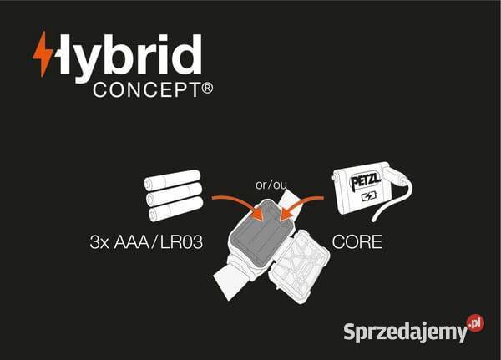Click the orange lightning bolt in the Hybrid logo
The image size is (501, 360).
click(43, 54)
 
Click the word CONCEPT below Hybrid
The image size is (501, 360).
click(147, 90)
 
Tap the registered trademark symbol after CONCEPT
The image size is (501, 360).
click(207, 88)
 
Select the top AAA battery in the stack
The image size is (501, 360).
click(173, 180)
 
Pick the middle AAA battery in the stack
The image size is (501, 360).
click(175, 194)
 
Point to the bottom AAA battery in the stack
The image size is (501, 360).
click(176, 209)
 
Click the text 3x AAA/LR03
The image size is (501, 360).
click(146, 241)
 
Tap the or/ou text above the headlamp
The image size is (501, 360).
click(271, 185)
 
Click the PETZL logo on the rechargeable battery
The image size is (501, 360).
click(366, 181)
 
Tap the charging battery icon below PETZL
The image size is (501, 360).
click(369, 196)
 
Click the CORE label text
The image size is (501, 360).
click(357, 241)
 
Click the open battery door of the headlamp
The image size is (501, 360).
click(301, 266)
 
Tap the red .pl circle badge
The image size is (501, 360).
click(475, 323)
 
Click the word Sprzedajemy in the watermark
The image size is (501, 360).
click(405, 332)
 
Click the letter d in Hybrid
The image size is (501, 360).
click(189, 54)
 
